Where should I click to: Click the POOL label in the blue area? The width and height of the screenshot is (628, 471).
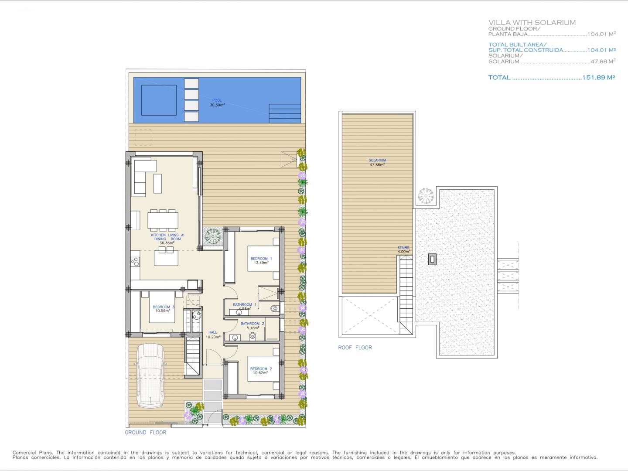coord(217,100)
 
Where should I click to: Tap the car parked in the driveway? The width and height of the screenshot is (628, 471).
coord(151,375)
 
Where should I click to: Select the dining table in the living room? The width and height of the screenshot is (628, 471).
coord(163,220)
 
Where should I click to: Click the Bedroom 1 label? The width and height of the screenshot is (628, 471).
coord(261,259)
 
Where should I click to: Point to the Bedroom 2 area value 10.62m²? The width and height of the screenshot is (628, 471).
coord(260,373)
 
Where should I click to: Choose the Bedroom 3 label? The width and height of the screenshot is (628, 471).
coord(164,307)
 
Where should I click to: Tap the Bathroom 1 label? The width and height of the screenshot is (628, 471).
coord(244,304)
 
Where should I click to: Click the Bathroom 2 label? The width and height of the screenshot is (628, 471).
coord(252,324)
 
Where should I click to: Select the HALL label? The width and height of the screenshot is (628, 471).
coord(212,332)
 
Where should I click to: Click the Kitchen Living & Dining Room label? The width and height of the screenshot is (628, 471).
coord(167,237)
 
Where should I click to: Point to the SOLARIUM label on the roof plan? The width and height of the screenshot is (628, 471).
coord(377,160)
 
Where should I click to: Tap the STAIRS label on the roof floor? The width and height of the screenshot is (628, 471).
coord(403,248)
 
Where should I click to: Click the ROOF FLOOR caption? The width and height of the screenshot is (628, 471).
coord(355,348)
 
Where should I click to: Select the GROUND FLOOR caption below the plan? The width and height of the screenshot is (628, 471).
coord(145,432)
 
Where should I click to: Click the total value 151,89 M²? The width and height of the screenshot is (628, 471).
coord(598,77)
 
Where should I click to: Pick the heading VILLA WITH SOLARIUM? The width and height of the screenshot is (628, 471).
coord(532,23)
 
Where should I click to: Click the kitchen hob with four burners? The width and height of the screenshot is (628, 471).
coord(135,261)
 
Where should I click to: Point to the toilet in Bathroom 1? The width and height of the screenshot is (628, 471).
coord(275,308)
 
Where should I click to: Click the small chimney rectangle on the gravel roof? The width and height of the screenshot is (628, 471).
coord(432,259)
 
